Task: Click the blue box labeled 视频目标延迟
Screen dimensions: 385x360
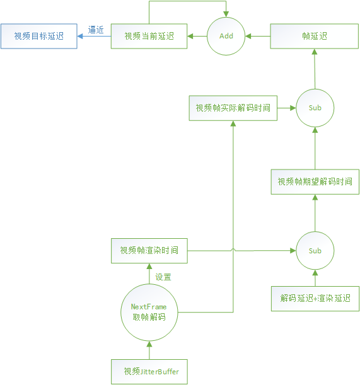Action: click(x=39, y=37)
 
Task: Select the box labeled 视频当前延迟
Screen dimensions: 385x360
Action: click(x=149, y=37)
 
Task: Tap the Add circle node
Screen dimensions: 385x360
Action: click(x=226, y=37)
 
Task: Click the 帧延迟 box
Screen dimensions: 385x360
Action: click(x=315, y=37)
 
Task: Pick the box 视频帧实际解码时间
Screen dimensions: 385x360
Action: click(x=233, y=108)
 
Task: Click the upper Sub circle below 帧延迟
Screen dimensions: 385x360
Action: click(x=315, y=108)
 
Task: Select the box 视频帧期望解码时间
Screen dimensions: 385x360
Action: click(x=315, y=181)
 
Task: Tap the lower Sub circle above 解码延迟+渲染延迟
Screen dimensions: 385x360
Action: click(x=315, y=251)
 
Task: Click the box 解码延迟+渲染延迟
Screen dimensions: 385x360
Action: click(x=315, y=298)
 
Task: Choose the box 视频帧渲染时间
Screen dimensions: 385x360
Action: click(x=149, y=251)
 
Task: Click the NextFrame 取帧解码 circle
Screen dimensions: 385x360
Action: click(x=149, y=312)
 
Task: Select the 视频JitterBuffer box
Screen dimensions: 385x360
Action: click(x=149, y=371)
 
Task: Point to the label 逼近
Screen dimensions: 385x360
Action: click(x=96, y=30)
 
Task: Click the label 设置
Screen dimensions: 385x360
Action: click(x=163, y=277)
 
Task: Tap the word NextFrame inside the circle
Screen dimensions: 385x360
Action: click(x=149, y=306)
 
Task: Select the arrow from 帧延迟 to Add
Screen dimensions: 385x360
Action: click(x=258, y=37)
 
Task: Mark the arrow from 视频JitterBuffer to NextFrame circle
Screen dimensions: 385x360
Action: click(x=149, y=350)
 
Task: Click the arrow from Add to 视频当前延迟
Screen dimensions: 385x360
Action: click(x=198, y=37)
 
